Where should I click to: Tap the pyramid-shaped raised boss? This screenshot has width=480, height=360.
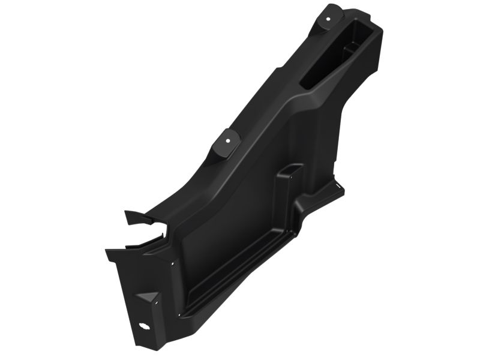[147, 299]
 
